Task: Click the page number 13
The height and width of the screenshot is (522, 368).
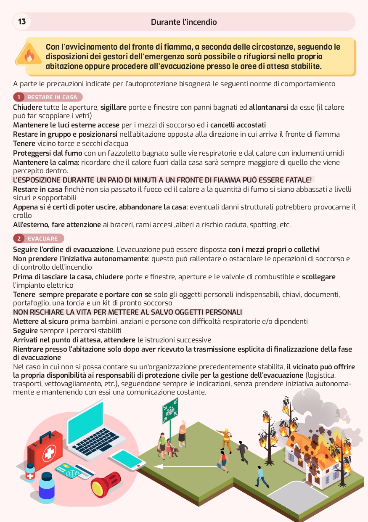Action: coord(22,21)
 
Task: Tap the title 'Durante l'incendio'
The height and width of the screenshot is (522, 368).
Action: coord(184,22)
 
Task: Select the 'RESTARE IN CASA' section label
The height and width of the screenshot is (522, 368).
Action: coord(52,97)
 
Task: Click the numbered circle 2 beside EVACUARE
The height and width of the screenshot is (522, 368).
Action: coord(19,238)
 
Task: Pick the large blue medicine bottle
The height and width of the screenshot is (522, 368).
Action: coord(47,488)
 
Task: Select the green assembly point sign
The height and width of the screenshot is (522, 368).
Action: coord(170,410)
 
